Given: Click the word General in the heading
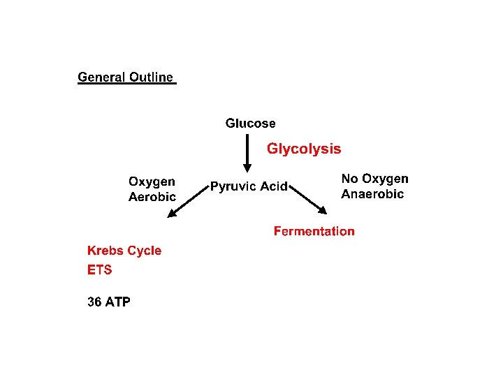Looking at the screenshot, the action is (x=101, y=77).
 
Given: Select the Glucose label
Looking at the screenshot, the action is (x=250, y=124).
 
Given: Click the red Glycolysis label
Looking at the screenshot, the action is (x=304, y=149).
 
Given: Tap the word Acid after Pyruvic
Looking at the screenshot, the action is (x=274, y=186).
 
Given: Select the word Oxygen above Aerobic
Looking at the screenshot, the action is (x=152, y=182).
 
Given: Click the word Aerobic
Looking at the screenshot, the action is (x=152, y=197).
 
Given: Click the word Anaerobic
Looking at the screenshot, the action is (x=372, y=194).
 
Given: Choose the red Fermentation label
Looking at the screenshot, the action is (x=314, y=231).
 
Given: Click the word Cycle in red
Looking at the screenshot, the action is (x=145, y=251).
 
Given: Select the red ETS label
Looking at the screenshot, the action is (x=99, y=269).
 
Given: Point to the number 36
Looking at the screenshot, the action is (x=94, y=302).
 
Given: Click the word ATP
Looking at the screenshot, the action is (x=117, y=302).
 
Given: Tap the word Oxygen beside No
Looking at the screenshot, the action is (x=385, y=179).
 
